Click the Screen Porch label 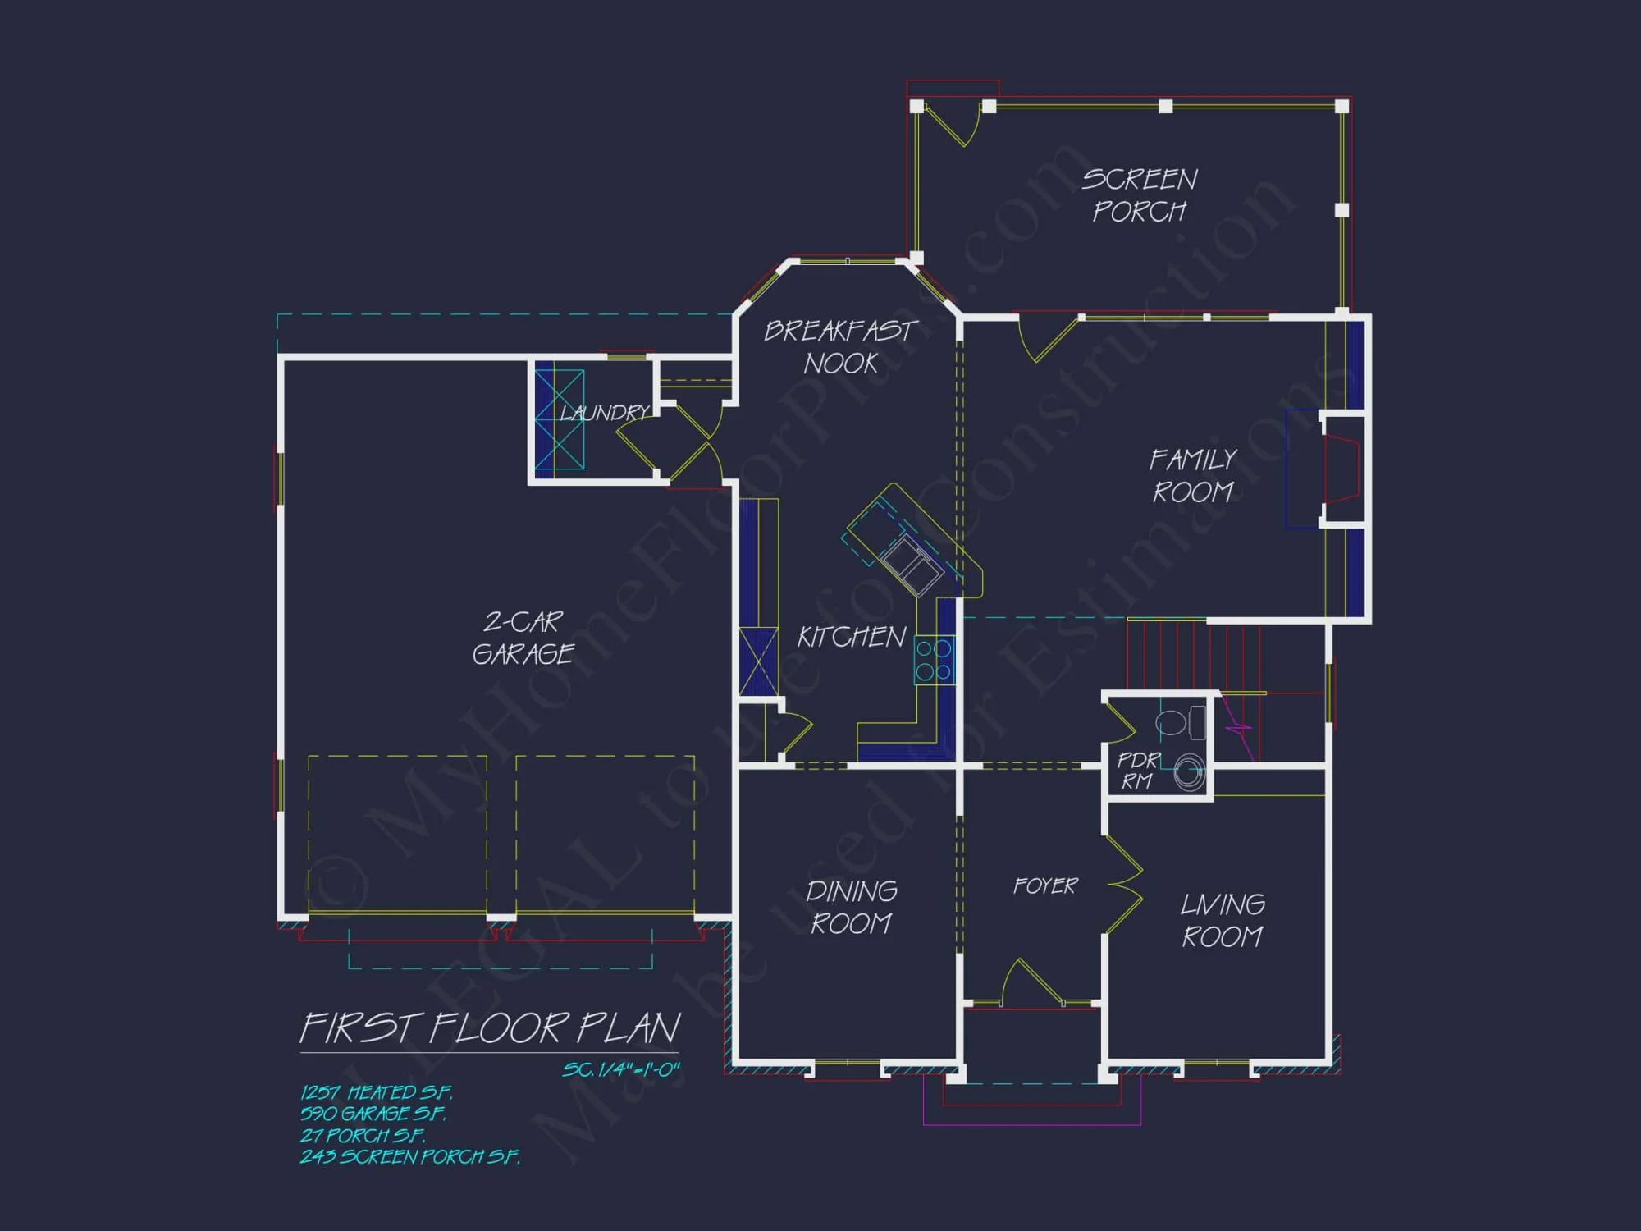click(1139, 195)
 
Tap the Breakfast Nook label click(840, 346)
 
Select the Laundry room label click(604, 412)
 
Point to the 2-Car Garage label click(523, 638)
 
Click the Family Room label click(1193, 475)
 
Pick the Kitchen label click(851, 637)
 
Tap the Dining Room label click(851, 907)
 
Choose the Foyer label click(1044, 885)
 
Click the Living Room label click(1222, 920)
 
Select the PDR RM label click(1138, 771)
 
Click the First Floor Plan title click(490, 1028)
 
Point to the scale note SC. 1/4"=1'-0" click(620, 1069)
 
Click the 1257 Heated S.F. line click(376, 1092)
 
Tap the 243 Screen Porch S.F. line click(409, 1156)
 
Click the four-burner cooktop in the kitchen click(934, 661)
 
